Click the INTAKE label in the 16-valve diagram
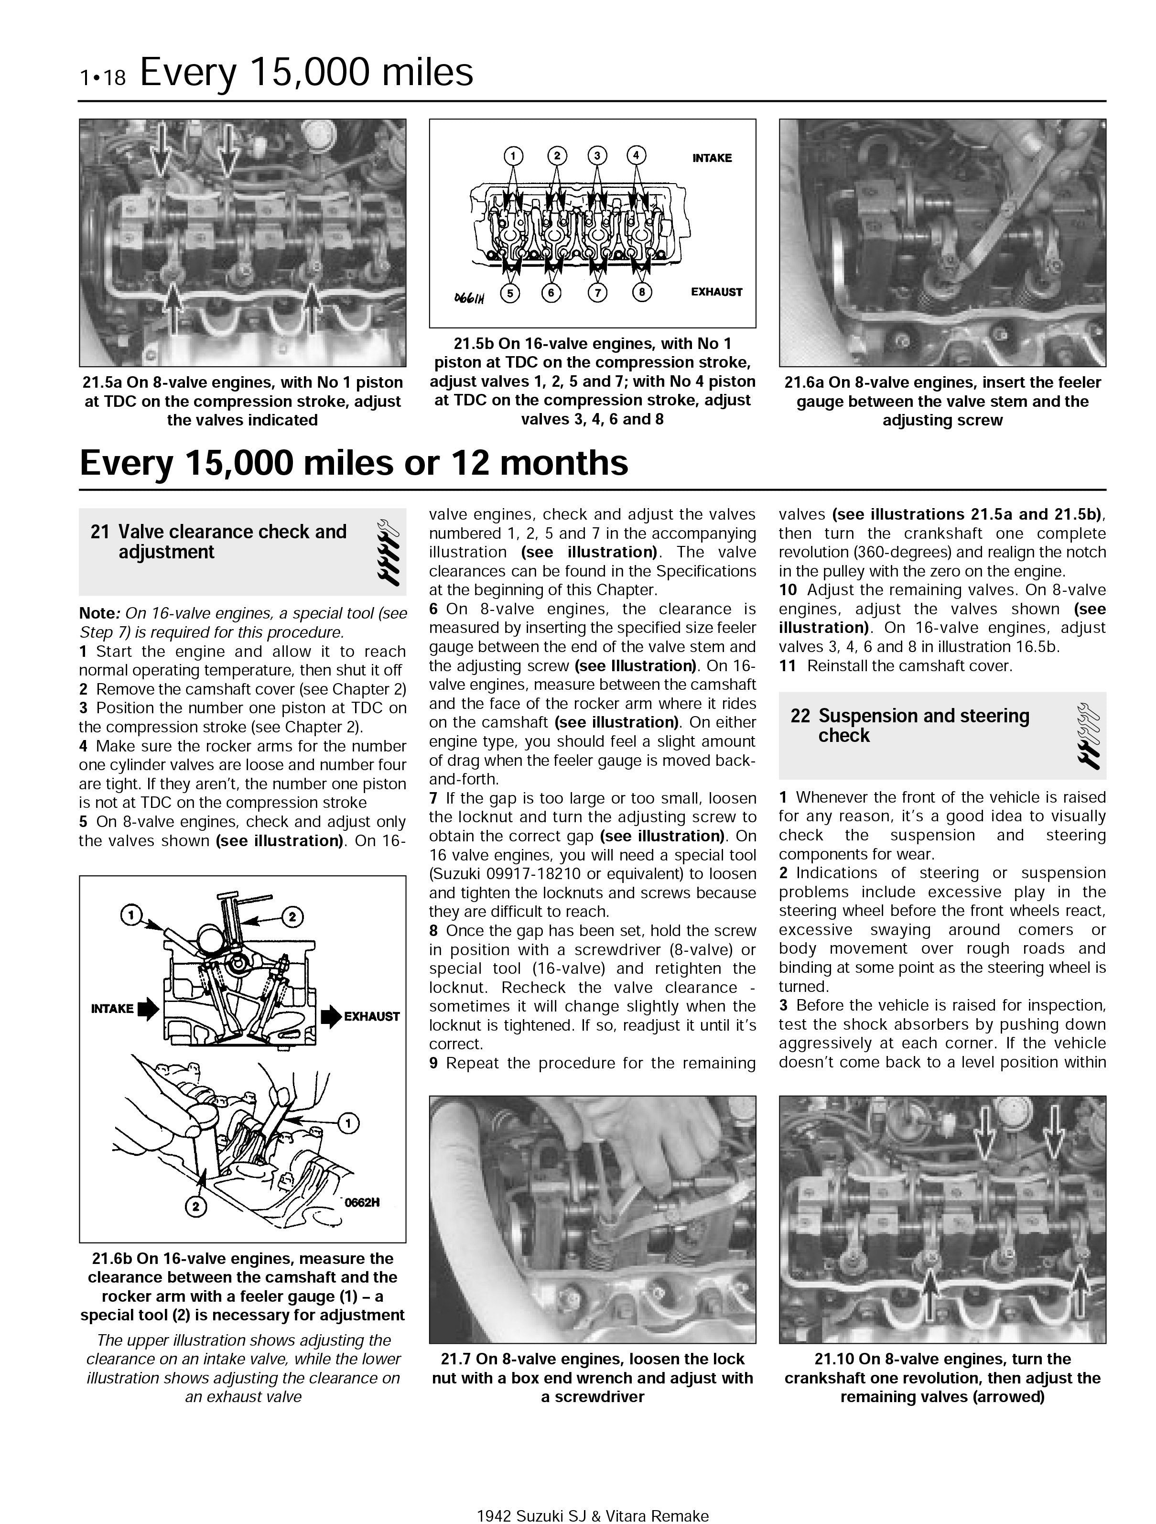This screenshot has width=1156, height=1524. click(x=712, y=158)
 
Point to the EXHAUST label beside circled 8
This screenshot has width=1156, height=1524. click(x=716, y=292)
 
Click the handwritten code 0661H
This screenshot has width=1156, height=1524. click(x=469, y=298)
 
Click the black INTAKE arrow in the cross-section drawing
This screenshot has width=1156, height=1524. click(x=148, y=1009)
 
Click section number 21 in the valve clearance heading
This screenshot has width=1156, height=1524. click(x=100, y=532)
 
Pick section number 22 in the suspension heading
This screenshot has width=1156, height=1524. click(x=800, y=716)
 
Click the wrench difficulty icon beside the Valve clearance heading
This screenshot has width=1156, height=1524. click(x=388, y=552)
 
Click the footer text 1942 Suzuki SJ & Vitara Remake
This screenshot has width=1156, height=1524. click(x=593, y=1516)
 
